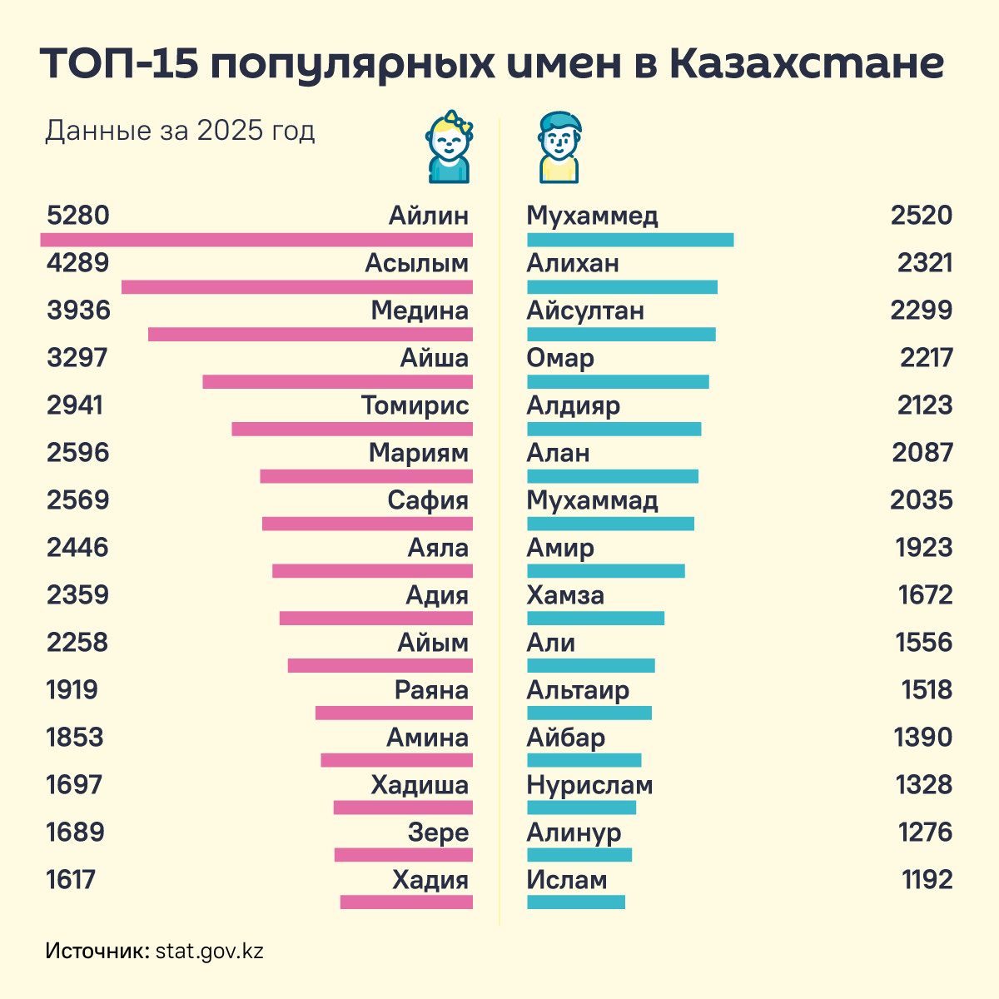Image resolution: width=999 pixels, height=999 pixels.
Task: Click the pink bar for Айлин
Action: coord(256,240)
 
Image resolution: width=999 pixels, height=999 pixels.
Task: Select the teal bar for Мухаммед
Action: coord(630,240)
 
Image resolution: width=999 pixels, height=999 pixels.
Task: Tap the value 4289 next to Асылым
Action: coord(78,263)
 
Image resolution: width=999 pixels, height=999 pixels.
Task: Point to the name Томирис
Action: coord(415,405)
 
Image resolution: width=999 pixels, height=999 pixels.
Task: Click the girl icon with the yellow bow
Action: coord(450,147)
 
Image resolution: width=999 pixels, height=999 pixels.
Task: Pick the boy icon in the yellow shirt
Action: coord(559,148)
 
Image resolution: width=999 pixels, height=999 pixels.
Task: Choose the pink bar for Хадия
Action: coord(406,902)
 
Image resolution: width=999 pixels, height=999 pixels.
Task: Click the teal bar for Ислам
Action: coord(576,902)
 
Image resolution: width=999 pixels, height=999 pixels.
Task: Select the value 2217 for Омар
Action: coord(926,358)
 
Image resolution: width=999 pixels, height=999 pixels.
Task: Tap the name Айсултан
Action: coord(585,311)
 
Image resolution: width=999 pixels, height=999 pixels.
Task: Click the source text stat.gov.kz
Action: coord(210,951)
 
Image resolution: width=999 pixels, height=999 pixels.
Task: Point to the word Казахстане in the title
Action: coord(806,64)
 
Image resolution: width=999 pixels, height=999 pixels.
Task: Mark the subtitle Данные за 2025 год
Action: coord(180,131)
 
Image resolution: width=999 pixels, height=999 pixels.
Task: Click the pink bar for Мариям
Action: coord(366,476)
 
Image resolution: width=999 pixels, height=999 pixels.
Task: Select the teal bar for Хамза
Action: coord(596,618)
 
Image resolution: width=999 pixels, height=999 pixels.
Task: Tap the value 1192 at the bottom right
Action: coord(927,880)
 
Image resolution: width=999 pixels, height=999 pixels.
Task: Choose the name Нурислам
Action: coord(589,785)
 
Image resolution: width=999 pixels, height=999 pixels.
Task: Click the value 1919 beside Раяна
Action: coord(72,690)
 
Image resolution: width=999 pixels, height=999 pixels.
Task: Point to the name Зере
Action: coord(438,832)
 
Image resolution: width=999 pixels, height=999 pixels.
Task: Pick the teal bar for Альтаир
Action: coord(589,713)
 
